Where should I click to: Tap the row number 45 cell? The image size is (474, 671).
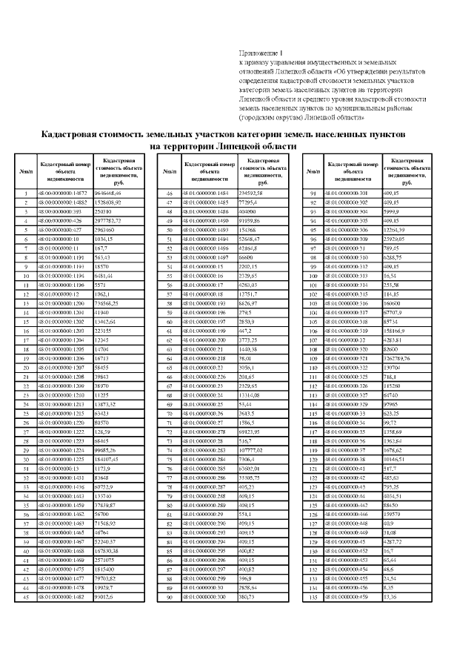(26, 595)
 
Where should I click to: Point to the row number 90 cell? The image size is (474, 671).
(170, 595)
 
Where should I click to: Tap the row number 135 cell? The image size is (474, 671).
(313, 595)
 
